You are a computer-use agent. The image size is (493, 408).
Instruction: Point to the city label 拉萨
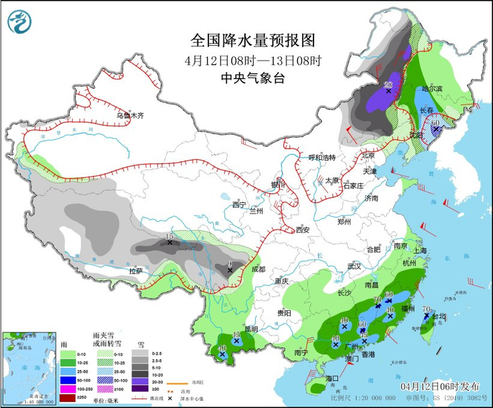pyautogui.click(x=135, y=271)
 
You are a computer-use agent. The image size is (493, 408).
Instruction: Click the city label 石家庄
pyautogui.click(x=350, y=185)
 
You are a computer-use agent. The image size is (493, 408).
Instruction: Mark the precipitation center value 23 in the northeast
pyautogui.click(x=387, y=85)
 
